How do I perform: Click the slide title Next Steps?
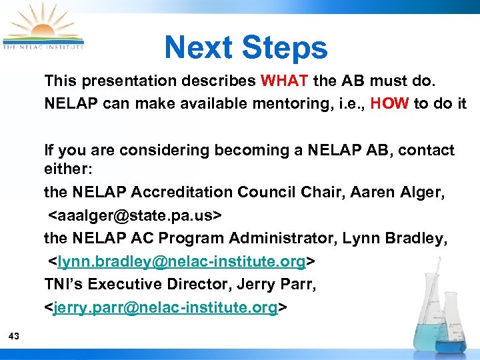[246, 48]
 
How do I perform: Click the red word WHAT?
[284, 81]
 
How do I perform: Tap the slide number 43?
[14, 337]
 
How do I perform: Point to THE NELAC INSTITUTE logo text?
[43, 47]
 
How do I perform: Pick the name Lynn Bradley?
[398, 239]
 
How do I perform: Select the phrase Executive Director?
[157, 285]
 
